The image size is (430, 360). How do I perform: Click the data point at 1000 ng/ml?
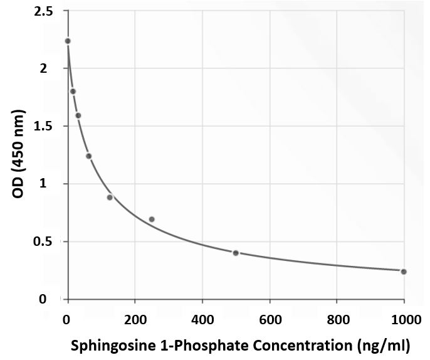coord(404,272)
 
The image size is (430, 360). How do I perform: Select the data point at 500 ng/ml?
coord(236,253)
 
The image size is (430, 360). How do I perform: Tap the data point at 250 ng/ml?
coord(152,219)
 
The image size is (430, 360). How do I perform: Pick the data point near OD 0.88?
coord(110,197)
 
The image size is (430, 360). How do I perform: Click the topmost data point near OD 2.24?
coord(68,41)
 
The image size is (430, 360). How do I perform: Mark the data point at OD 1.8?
coord(73,91)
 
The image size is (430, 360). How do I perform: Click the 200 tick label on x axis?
coord(134,319)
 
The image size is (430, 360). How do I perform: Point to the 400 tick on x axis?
coord(202,319)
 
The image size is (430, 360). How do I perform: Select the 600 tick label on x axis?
coord(270,319)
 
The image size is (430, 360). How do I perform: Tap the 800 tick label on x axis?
coord(337,319)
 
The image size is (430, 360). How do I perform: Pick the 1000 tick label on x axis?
coord(403,319)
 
